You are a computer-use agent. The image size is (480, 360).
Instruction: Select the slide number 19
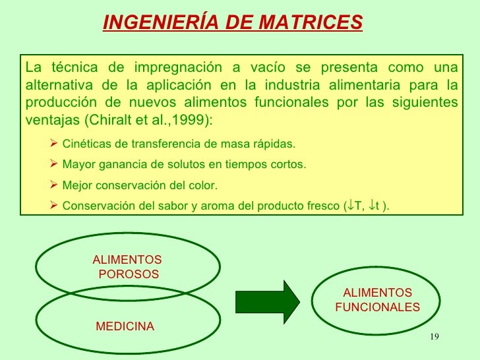click(x=433, y=338)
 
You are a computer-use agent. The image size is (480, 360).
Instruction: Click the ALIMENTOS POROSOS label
click(x=127, y=267)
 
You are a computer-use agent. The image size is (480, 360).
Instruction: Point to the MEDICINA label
click(x=125, y=326)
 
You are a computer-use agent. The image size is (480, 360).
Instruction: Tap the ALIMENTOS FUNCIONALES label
click(x=377, y=300)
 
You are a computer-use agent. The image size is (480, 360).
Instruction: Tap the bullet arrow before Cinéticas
click(x=54, y=143)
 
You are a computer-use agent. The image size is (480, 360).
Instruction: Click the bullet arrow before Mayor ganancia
click(x=54, y=164)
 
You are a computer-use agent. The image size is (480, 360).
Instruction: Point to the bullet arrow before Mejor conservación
click(x=54, y=185)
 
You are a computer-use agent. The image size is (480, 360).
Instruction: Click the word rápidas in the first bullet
click(x=275, y=144)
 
